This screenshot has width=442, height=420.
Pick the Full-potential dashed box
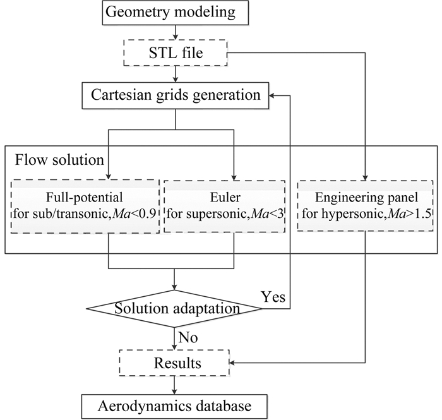(82, 196)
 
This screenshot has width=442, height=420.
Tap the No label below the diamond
(189, 339)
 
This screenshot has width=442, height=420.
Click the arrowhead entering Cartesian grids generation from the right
(272, 96)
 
